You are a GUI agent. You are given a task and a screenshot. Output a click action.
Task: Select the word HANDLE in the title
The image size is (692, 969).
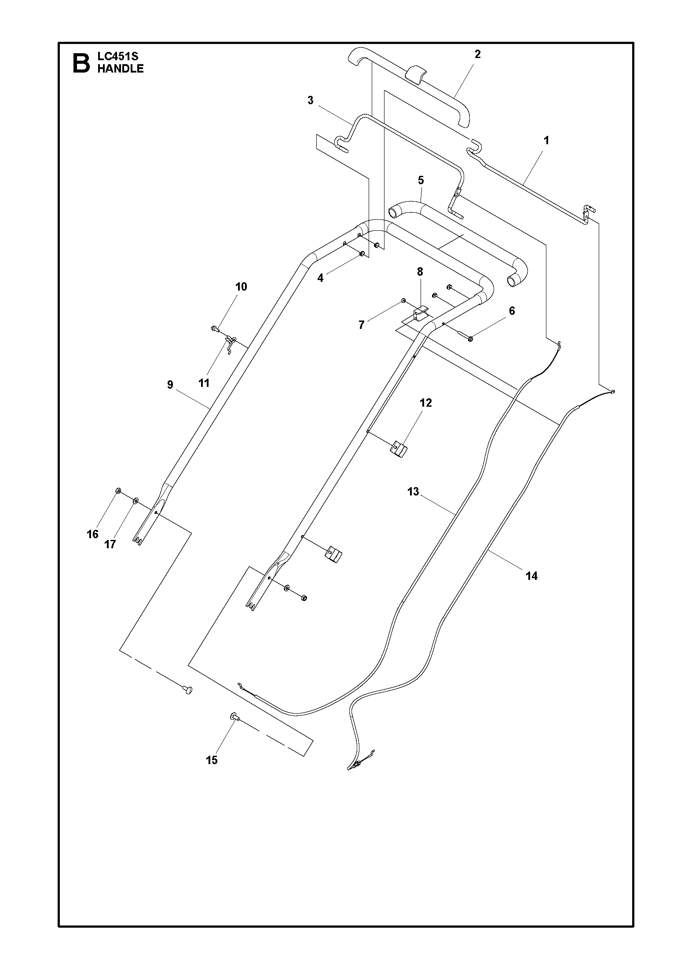[121, 69]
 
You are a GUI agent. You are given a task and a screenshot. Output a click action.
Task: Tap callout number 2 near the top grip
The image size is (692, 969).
[477, 54]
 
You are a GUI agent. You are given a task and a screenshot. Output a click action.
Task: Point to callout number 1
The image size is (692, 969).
[546, 141]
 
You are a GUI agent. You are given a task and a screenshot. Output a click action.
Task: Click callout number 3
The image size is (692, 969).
[311, 100]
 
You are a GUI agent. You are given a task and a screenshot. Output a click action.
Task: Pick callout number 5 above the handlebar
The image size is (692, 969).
[421, 180]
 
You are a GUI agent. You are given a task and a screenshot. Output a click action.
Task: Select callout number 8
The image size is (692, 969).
[420, 272]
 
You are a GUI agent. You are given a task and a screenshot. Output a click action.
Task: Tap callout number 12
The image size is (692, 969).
[426, 403]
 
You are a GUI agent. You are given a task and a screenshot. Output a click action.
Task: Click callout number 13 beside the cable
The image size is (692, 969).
[414, 492]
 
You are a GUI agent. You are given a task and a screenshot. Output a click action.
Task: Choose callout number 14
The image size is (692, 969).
[531, 576]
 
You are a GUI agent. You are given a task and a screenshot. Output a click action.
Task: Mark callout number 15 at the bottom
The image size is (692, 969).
[212, 760]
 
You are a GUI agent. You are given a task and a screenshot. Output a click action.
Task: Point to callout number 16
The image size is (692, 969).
[92, 534]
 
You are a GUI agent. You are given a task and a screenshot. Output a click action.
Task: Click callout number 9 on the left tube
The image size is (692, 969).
[170, 385]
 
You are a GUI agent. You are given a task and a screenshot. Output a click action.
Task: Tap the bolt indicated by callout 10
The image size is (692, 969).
[216, 328]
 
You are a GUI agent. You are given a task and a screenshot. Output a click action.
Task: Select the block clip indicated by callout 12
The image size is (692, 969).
[399, 449]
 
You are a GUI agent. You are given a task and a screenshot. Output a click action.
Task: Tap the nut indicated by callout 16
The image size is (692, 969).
[118, 491]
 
